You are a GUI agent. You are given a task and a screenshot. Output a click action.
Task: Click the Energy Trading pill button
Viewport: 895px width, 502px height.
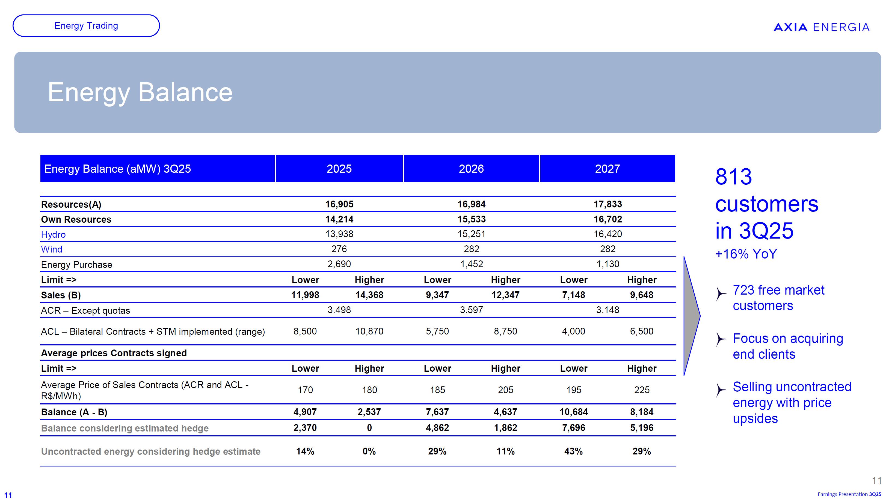(x=86, y=26)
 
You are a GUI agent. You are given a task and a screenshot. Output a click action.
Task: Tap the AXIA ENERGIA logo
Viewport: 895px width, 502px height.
(x=821, y=27)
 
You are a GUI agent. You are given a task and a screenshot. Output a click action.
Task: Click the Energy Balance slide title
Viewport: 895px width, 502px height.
(x=140, y=92)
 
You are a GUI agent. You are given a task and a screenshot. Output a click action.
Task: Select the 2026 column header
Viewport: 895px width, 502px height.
(x=471, y=169)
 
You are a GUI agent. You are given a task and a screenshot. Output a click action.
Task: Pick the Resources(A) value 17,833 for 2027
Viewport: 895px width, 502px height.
(x=608, y=204)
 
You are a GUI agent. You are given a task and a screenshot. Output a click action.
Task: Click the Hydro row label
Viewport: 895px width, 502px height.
(x=53, y=234)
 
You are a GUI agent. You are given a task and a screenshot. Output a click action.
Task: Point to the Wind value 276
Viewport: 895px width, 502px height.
(x=339, y=249)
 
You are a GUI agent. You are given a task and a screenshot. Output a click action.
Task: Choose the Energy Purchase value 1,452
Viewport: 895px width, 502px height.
(x=472, y=264)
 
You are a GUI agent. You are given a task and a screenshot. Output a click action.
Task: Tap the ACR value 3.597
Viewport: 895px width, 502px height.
(x=472, y=310)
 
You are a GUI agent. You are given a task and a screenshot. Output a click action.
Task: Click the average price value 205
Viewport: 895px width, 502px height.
(x=506, y=390)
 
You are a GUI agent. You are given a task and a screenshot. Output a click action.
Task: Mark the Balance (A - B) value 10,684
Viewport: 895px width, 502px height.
(x=574, y=412)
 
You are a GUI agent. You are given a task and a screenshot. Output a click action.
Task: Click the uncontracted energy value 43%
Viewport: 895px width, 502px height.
(x=574, y=451)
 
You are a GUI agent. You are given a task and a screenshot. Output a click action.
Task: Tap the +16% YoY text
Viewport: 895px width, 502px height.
(x=746, y=254)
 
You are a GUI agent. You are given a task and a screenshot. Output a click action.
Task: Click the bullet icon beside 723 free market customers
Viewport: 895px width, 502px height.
(x=721, y=294)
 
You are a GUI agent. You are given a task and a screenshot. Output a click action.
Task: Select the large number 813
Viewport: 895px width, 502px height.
(x=733, y=177)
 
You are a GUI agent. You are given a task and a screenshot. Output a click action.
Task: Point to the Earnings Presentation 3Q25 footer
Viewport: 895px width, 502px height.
(x=849, y=494)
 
